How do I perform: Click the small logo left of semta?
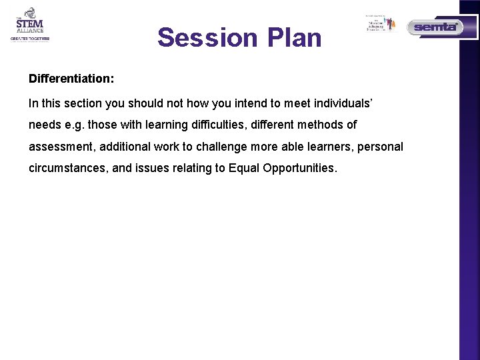click(381, 23)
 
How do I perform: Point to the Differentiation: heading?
click(71, 79)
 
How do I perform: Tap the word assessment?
click(61, 146)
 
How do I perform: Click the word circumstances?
click(67, 167)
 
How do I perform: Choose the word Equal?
click(244, 167)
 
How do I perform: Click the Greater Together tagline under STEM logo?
click(29, 39)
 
